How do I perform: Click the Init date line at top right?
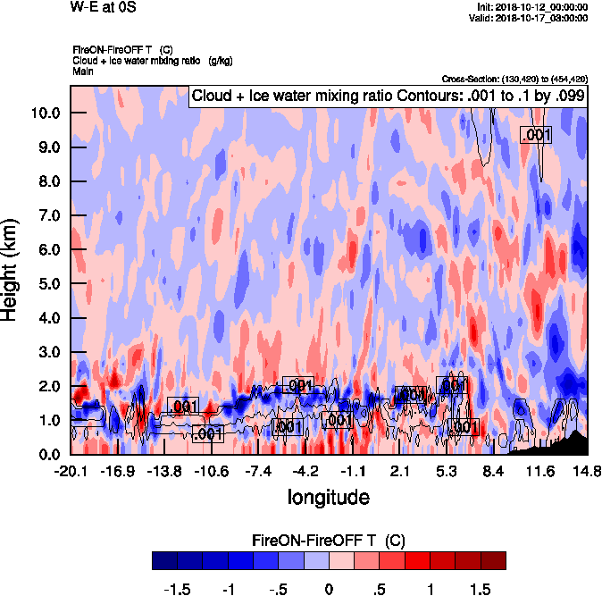[x=533, y=7]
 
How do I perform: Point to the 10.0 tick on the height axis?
[x=44, y=113]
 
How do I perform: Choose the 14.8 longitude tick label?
[x=586, y=471]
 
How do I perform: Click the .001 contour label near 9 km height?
[x=536, y=134]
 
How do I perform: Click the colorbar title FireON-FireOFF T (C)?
[x=329, y=541]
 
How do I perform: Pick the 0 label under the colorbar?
[x=329, y=589]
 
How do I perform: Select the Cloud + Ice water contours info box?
[x=388, y=96]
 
